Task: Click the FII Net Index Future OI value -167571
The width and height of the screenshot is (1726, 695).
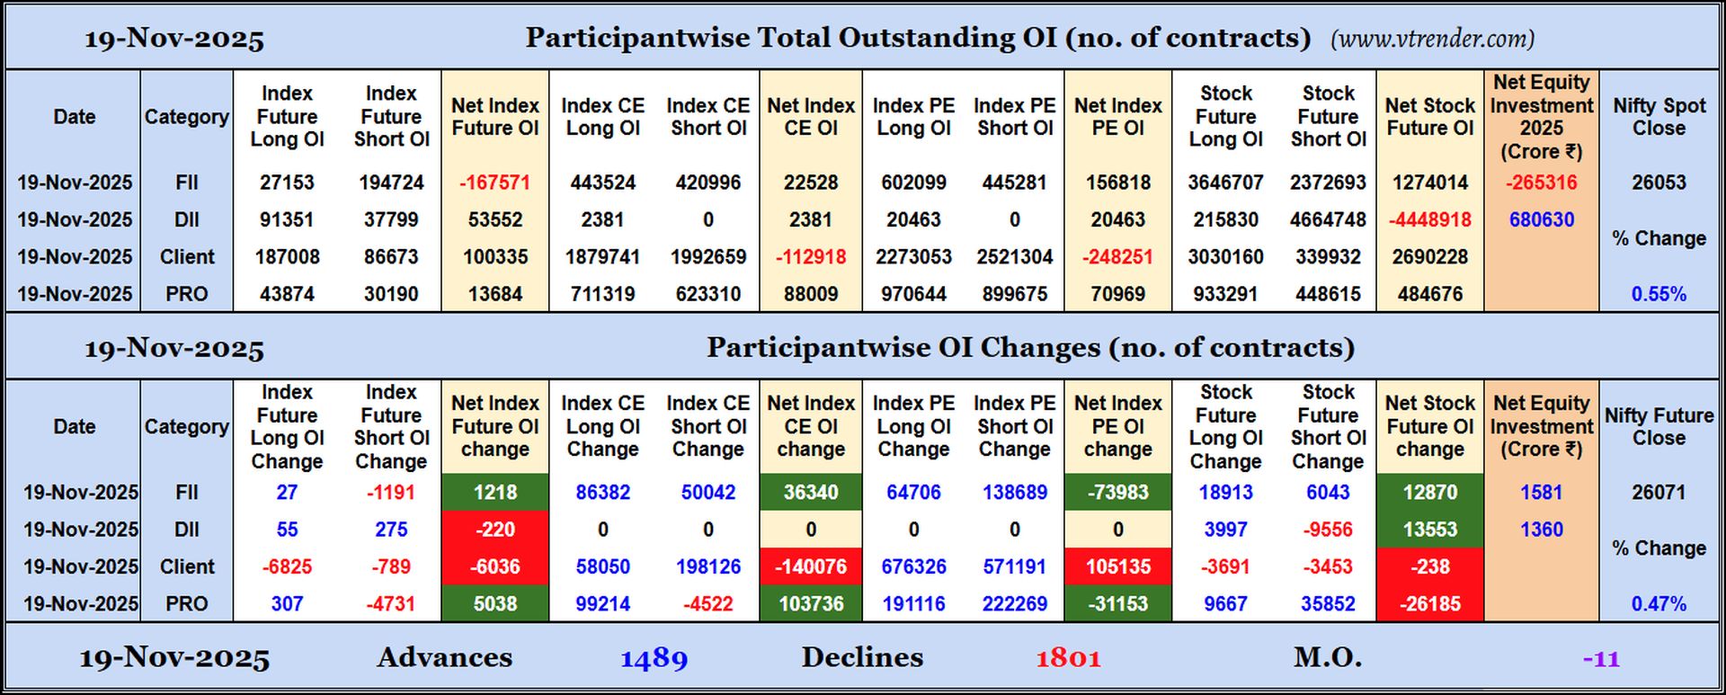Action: [x=494, y=183]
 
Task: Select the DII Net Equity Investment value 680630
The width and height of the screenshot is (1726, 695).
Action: [x=1541, y=219]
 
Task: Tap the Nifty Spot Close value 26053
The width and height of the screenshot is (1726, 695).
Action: [x=1659, y=183]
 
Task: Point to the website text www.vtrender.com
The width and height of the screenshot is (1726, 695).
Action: [x=1432, y=39]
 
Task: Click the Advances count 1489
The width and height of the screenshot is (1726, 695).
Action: [x=654, y=658]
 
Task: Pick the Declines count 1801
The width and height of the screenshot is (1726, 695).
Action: [x=1068, y=658]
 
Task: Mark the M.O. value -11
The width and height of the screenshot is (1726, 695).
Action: [x=1601, y=659]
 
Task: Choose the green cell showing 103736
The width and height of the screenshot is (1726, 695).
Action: [x=811, y=604]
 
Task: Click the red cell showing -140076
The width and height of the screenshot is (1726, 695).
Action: [x=811, y=566]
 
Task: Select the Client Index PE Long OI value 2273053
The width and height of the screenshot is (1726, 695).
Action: [x=913, y=257]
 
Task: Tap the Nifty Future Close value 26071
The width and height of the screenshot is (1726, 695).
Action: [x=1659, y=493]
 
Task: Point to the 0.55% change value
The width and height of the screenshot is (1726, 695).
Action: [x=1659, y=294]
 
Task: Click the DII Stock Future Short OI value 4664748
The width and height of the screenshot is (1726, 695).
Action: [x=1328, y=219]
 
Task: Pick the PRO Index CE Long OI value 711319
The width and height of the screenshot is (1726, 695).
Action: [x=602, y=294]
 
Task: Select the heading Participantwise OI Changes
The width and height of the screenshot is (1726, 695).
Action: [x=1030, y=348]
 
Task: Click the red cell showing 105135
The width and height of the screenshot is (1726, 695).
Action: [x=1117, y=566]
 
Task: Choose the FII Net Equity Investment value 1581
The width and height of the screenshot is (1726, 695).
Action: [x=1541, y=493]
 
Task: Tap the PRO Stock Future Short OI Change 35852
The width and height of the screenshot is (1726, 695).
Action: [x=1328, y=604]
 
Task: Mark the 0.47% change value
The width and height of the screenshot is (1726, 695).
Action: [x=1659, y=604]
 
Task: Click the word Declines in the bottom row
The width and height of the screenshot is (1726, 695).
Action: [x=862, y=658]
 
